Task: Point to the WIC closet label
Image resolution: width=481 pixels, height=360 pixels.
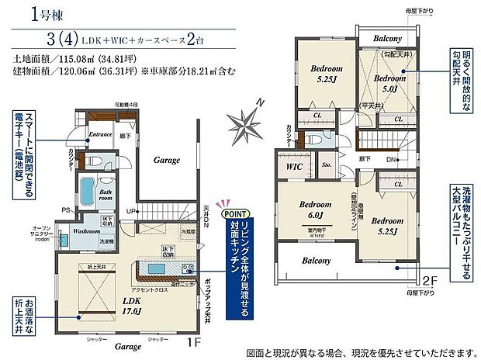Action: click(x=293, y=166)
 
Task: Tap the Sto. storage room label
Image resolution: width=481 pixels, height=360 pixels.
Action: click(x=326, y=165)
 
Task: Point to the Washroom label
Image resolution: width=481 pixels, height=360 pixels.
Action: click(x=87, y=230)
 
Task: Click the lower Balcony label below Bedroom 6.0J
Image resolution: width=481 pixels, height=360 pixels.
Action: click(x=318, y=261)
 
